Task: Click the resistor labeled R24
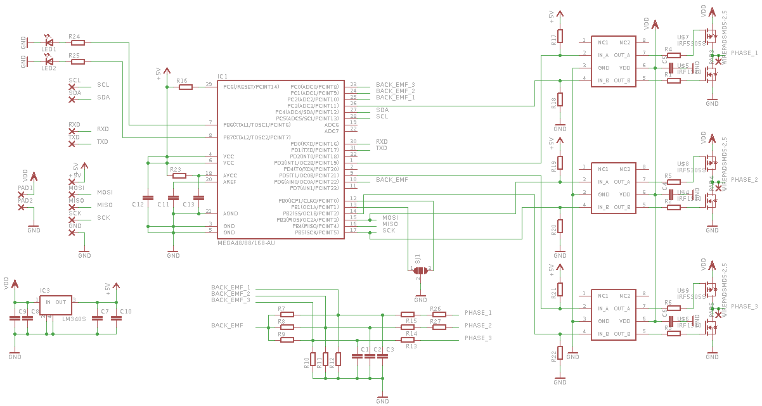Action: (x=77, y=43)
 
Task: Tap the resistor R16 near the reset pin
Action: (x=185, y=87)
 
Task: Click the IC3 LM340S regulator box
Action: (x=56, y=308)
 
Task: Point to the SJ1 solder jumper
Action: (x=420, y=269)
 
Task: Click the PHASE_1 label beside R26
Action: (x=478, y=313)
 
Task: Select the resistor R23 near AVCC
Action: (x=179, y=175)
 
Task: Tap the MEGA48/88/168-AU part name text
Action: (x=246, y=243)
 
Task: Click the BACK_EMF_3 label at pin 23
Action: (x=395, y=84)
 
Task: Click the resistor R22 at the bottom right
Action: (x=560, y=355)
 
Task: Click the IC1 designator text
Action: (x=223, y=77)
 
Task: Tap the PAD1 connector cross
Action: (x=22, y=194)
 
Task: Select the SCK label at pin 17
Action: (x=389, y=231)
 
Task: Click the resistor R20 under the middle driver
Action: (x=560, y=229)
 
